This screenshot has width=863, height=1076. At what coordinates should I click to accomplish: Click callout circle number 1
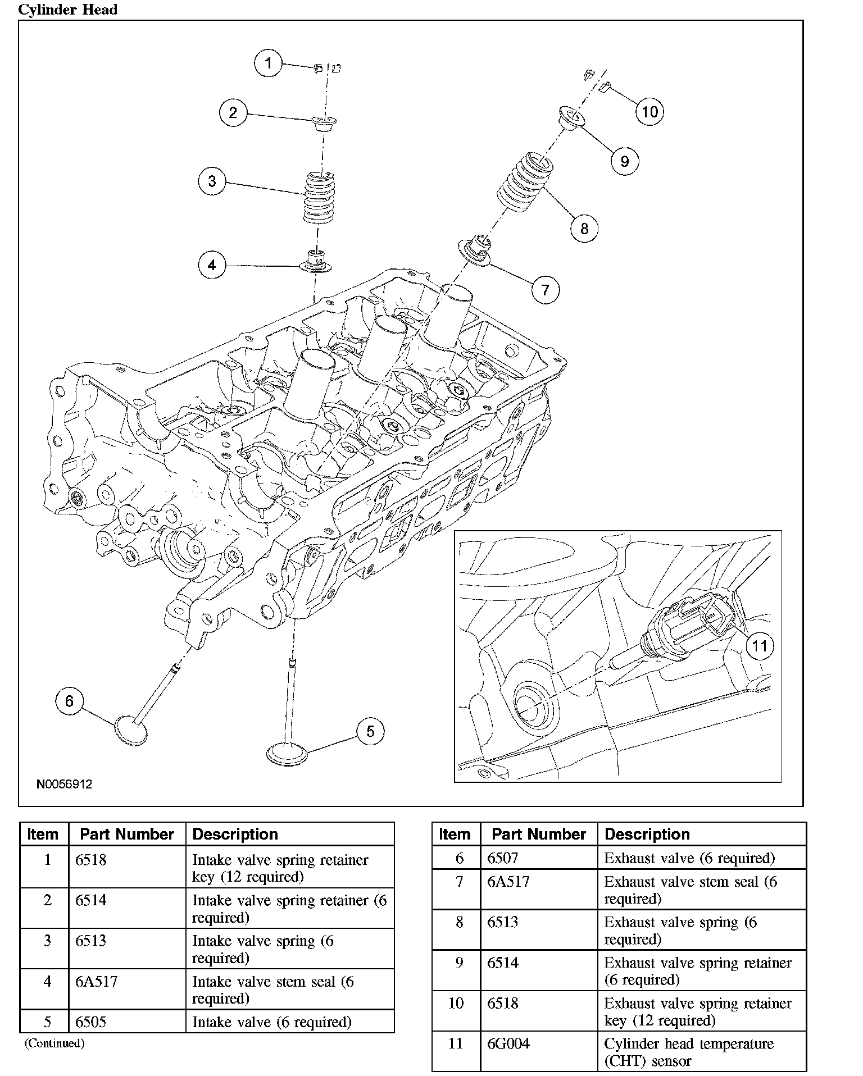[x=268, y=63]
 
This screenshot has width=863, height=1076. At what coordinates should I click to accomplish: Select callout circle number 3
[x=212, y=181]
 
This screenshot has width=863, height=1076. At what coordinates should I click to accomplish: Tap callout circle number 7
[x=545, y=290]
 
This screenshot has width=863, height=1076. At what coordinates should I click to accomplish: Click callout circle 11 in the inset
[x=759, y=645]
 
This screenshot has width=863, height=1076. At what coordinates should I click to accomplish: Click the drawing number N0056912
[x=64, y=784]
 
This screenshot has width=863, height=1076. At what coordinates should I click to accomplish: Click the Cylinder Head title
[x=68, y=10]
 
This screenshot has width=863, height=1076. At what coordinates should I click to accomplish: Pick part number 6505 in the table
[x=91, y=1022]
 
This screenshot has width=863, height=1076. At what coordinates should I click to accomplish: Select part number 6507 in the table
[x=503, y=858]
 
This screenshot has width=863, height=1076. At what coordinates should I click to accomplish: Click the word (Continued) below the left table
[x=54, y=1043]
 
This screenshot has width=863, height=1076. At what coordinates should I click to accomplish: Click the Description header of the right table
[x=647, y=834]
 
